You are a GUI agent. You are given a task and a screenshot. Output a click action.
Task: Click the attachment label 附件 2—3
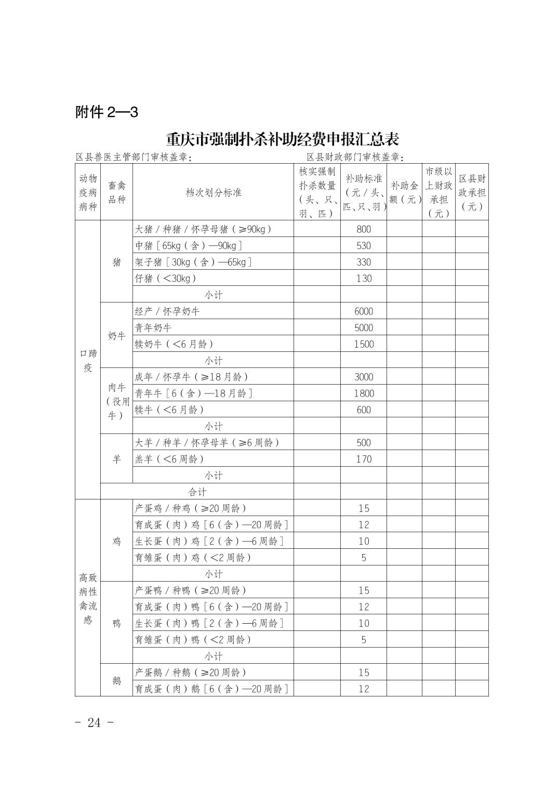click(x=107, y=112)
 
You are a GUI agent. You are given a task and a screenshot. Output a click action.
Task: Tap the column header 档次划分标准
click(x=213, y=193)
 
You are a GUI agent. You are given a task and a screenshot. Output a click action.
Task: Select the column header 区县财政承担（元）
click(x=472, y=193)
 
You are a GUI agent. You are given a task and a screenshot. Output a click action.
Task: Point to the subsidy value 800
click(x=364, y=229)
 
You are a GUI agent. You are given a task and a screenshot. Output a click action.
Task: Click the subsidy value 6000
click(x=364, y=311)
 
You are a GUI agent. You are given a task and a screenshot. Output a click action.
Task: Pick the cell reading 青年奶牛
click(x=153, y=328)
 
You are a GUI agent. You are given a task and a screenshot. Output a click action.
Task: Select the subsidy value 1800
click(x=364, y=393)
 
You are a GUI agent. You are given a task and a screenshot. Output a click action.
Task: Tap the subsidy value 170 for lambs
click(x=364, y=459)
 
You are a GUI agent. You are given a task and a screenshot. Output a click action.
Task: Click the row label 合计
click(x=197, y=492)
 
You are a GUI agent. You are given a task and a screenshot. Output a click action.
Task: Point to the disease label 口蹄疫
click(x=88, y=361)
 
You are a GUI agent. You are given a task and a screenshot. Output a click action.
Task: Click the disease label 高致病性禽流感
click(x=88, y=598)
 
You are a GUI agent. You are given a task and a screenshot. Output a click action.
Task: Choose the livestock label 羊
click(x=116, y=459)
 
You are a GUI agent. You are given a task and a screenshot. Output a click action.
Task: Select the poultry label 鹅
click(x=116, y=680)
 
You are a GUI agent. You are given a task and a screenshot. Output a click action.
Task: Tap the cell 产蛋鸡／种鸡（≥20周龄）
click(x=191, y=508)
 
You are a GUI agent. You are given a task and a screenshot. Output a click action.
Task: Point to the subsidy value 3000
click(x=364, y=377)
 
